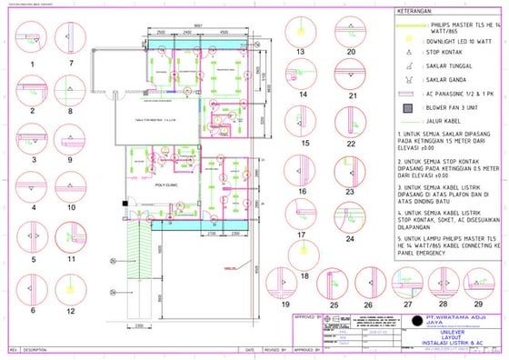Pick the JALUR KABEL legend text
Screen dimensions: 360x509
[x=446, y=119]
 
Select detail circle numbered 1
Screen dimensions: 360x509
[x=32, y=39]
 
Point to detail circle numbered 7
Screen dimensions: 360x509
[x=70, y=39]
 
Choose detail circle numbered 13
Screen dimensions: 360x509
[x=299, y=32]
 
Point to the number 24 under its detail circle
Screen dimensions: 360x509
[x=350, y=239]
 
